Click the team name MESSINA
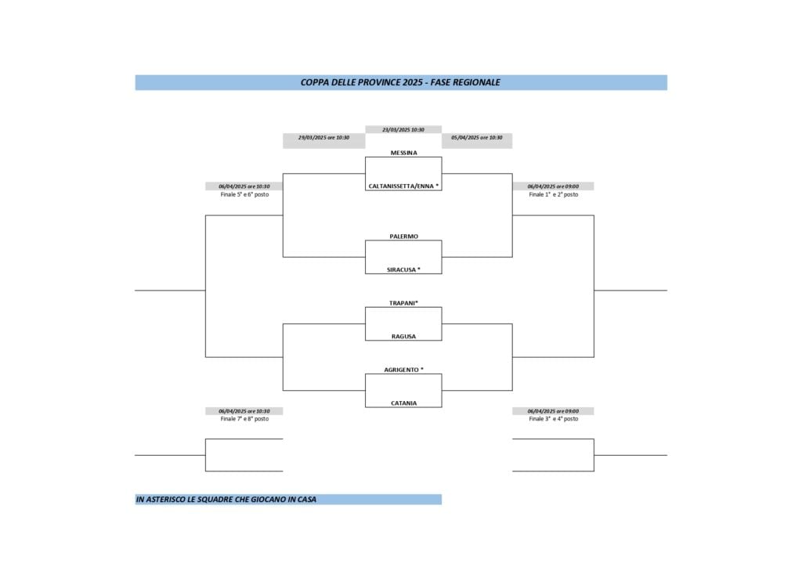point(403,153)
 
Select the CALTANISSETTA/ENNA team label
point(403,186)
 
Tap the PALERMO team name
point(403,237)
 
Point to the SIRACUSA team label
point(403,269)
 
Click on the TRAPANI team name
point(403,303)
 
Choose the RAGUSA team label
point(403,337)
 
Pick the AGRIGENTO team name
point(403,370)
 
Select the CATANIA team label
point(403,403)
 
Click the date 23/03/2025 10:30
point(403,129)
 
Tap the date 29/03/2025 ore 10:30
point(323,137)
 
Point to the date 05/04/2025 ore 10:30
point(477,137)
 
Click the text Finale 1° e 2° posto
point(553,194)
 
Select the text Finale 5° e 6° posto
point(244,194)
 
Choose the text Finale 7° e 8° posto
point(244,419)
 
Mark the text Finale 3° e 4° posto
point(553,419)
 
